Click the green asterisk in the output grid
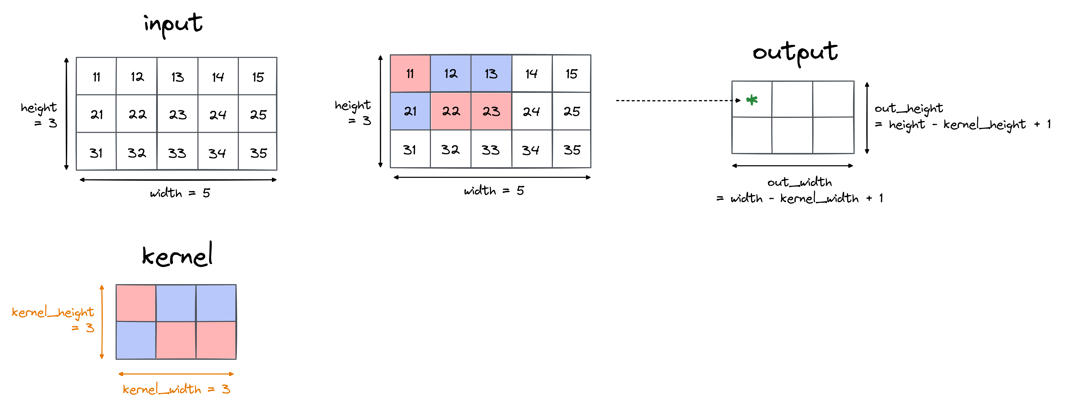752,100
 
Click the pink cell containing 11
410,74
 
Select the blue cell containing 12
451,74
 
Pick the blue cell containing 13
491,74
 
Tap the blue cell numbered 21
410,111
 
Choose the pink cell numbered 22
451,111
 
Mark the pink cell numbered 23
491,111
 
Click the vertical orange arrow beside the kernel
102,322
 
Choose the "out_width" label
799,182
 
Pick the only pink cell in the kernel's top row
136,303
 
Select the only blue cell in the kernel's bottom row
136,340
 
